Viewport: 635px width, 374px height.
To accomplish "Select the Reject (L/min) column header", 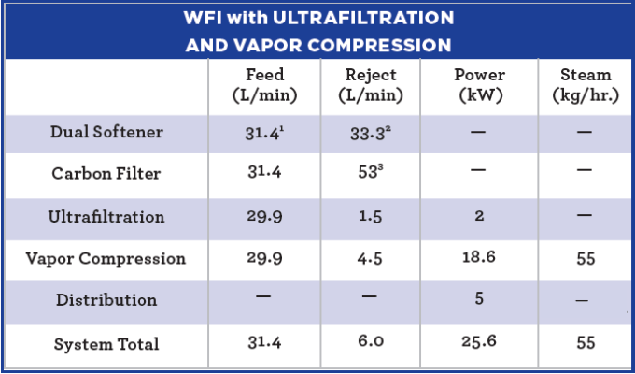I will tap(371, 85).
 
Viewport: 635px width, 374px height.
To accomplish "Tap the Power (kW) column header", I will tap(479, 85).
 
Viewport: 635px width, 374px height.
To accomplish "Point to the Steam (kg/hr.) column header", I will tap(586, 85).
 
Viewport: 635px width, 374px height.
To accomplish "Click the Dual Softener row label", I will tap(106, 132).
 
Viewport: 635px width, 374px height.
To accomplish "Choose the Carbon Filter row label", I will tap(106, 174).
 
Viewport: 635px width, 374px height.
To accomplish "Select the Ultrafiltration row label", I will tap(106, 217).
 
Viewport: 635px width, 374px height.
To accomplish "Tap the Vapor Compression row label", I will tap(106, 259).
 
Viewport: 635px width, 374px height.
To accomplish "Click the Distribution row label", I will tap(106, 301).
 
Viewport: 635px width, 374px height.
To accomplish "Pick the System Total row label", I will tap(106, 344).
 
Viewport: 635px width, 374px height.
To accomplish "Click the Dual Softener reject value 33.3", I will tap(368, 133).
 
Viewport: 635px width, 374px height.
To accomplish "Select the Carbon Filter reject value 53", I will tap(368, 175).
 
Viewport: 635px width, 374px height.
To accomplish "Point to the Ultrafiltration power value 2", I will tap(479, 217).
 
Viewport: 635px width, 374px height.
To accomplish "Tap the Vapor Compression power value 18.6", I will tap(479, 259).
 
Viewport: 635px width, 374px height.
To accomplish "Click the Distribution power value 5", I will tap(479, 301).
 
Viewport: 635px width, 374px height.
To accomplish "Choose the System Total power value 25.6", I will tap(479, 344).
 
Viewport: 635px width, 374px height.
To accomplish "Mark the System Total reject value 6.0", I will tap(369, 344).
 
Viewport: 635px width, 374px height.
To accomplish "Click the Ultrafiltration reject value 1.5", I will tap(369, 217).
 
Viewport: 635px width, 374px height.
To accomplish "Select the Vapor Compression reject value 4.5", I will tap(369, 259).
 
